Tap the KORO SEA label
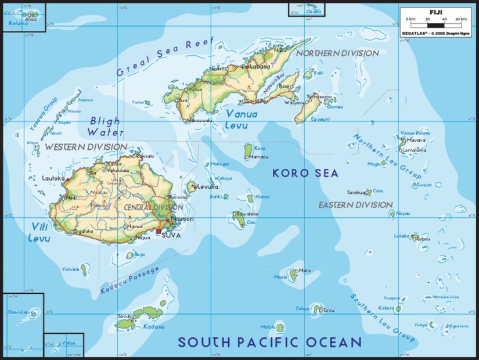pyautogui.click(x=305, y=172)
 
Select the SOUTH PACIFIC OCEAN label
pyautogui.click(x=269, y=342)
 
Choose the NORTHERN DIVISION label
pyautogui.click(x=337, y=53)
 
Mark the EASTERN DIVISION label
pyautogui.click(x=355, y=205)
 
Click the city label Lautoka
pyautogui.click(x=53, y=178)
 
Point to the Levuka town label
pyautogui.click(x=207, y=186)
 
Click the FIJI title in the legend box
pyautogui.click(x=435, y=12)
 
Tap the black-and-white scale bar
pyautogui.click(x=436, y=25)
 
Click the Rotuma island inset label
pyautogui.click(x=18, y=24)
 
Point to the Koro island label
pyautogui.click(x=260, y=148)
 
